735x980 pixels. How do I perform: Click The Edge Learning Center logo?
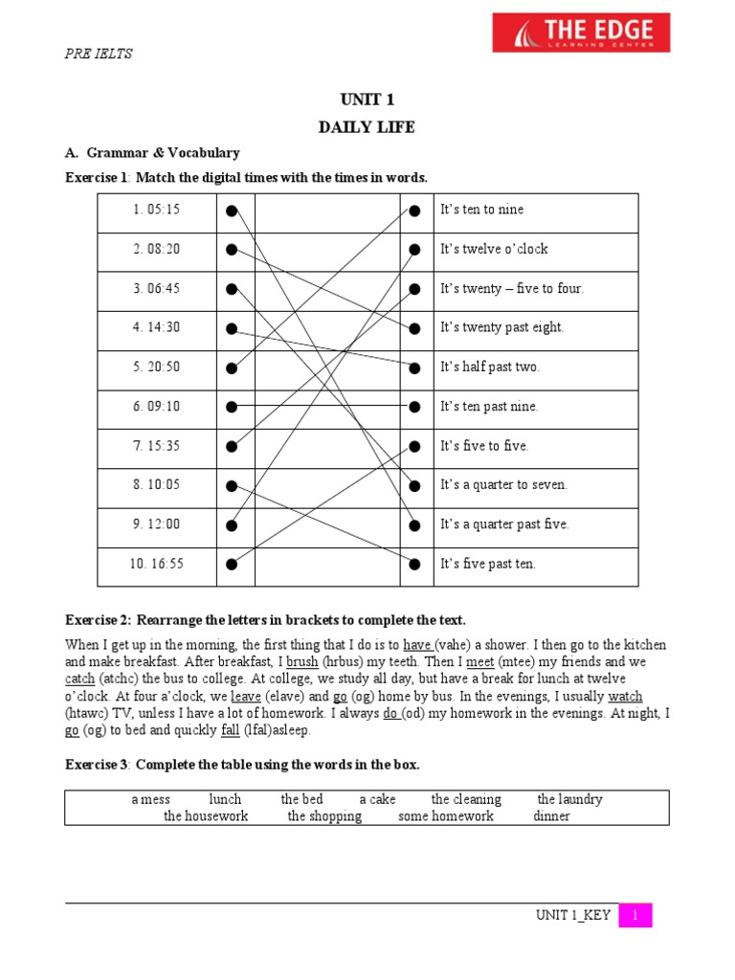tap(581, 33)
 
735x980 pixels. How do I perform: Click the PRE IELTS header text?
tap(98, 54)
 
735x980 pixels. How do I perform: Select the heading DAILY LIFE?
tap(367, 127)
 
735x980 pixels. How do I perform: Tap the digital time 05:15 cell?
tap(157, 210)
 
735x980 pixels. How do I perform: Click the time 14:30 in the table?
tap(157, 327)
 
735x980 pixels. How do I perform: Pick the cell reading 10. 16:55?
tap(156, 564)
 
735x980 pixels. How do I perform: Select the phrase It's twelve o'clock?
tap(494, 249)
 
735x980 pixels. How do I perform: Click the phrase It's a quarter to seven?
tap(503, 484)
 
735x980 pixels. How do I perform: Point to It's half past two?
tap(490, 367)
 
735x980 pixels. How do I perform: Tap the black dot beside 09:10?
tap(232, 407)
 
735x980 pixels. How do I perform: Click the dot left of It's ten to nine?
tap(414, 211)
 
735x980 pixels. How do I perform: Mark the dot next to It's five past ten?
tap(414, 564)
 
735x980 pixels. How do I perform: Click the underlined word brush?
tap(302, 661)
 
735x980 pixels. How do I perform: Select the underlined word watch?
tap(625, 696)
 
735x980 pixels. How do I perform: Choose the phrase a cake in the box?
tap(377, 799)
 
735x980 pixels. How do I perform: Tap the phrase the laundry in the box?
tap(569, 799)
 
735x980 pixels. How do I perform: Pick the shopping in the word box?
tap(324, 816)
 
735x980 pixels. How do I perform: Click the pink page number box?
tap(635, 916)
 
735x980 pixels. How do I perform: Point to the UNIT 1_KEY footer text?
tap(572, 916)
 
